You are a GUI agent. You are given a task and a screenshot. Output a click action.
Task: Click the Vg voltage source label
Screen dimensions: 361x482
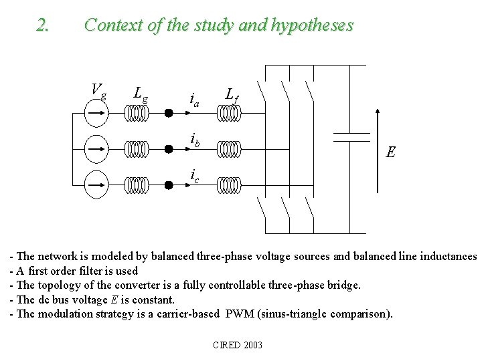98,90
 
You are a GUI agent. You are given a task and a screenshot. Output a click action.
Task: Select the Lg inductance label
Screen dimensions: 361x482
141,94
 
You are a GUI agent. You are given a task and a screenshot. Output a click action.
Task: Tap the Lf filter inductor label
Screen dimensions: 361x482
232,96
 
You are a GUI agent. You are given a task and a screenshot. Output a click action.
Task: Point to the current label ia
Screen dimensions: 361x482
195,101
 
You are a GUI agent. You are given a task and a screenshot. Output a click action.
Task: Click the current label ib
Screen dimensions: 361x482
195,140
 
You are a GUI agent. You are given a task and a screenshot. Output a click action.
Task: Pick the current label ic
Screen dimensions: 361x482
193,175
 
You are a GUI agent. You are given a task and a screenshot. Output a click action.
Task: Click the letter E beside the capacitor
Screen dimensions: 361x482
390,152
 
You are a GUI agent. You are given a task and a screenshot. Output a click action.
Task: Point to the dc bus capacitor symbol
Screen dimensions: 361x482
351,137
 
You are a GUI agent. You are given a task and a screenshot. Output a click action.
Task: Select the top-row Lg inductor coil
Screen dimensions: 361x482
137,114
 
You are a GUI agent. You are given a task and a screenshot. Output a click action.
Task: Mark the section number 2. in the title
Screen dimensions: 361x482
44,25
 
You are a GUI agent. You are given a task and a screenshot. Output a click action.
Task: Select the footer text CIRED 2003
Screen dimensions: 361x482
237,345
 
